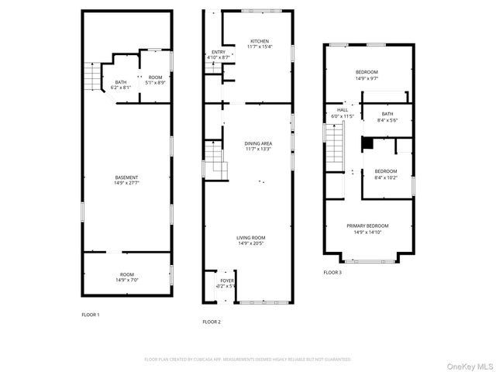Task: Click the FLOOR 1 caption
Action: click(x=91, y=315)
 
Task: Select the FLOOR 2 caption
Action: click(x=212, y=322)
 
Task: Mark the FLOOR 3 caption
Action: click(x=332, y=273)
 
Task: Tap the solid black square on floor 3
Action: click(x=368, y=143)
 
